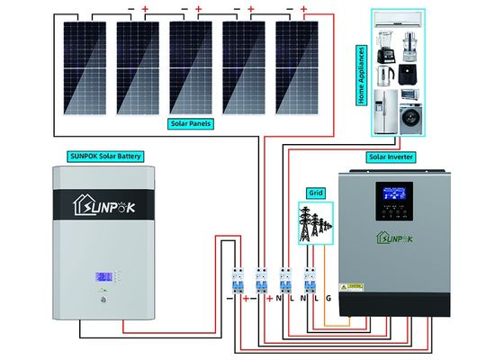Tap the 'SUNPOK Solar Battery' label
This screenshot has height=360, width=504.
pos(105,155)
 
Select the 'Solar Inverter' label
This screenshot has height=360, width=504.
pos(391,156)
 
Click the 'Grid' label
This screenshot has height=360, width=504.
pos(314,193)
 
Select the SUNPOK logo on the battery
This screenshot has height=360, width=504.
pos(105,206)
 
